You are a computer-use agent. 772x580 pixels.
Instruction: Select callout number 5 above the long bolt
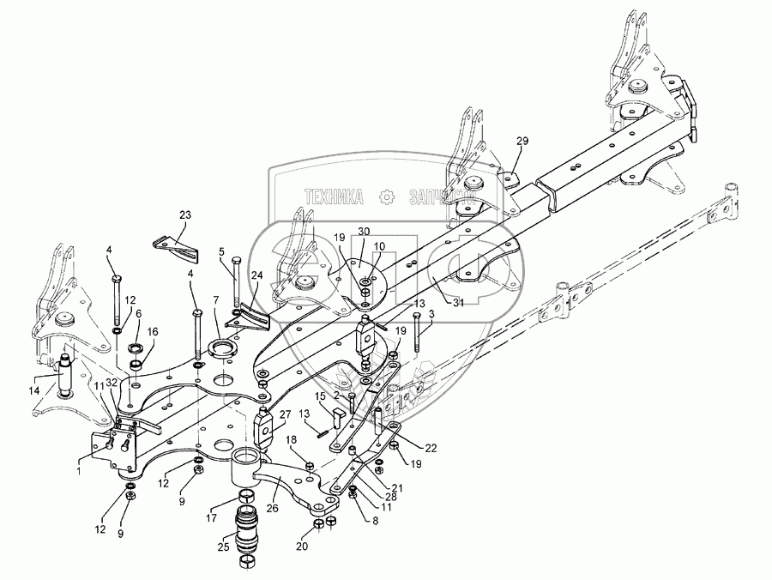222,252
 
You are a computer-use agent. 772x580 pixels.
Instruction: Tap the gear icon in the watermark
387,196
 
